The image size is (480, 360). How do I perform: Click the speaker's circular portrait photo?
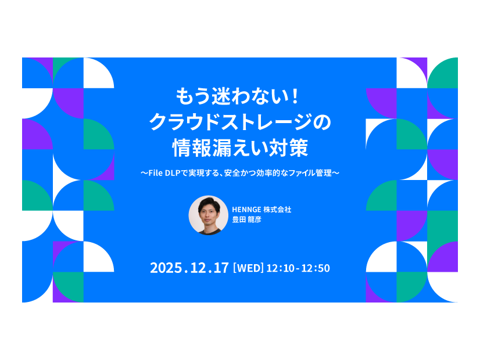point(208,215)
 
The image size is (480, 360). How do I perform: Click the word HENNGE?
point(248,210)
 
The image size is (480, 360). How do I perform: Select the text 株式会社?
point(278,210)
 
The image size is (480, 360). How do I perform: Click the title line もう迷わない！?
point(239,95)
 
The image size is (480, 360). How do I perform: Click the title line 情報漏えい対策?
point(239,147)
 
